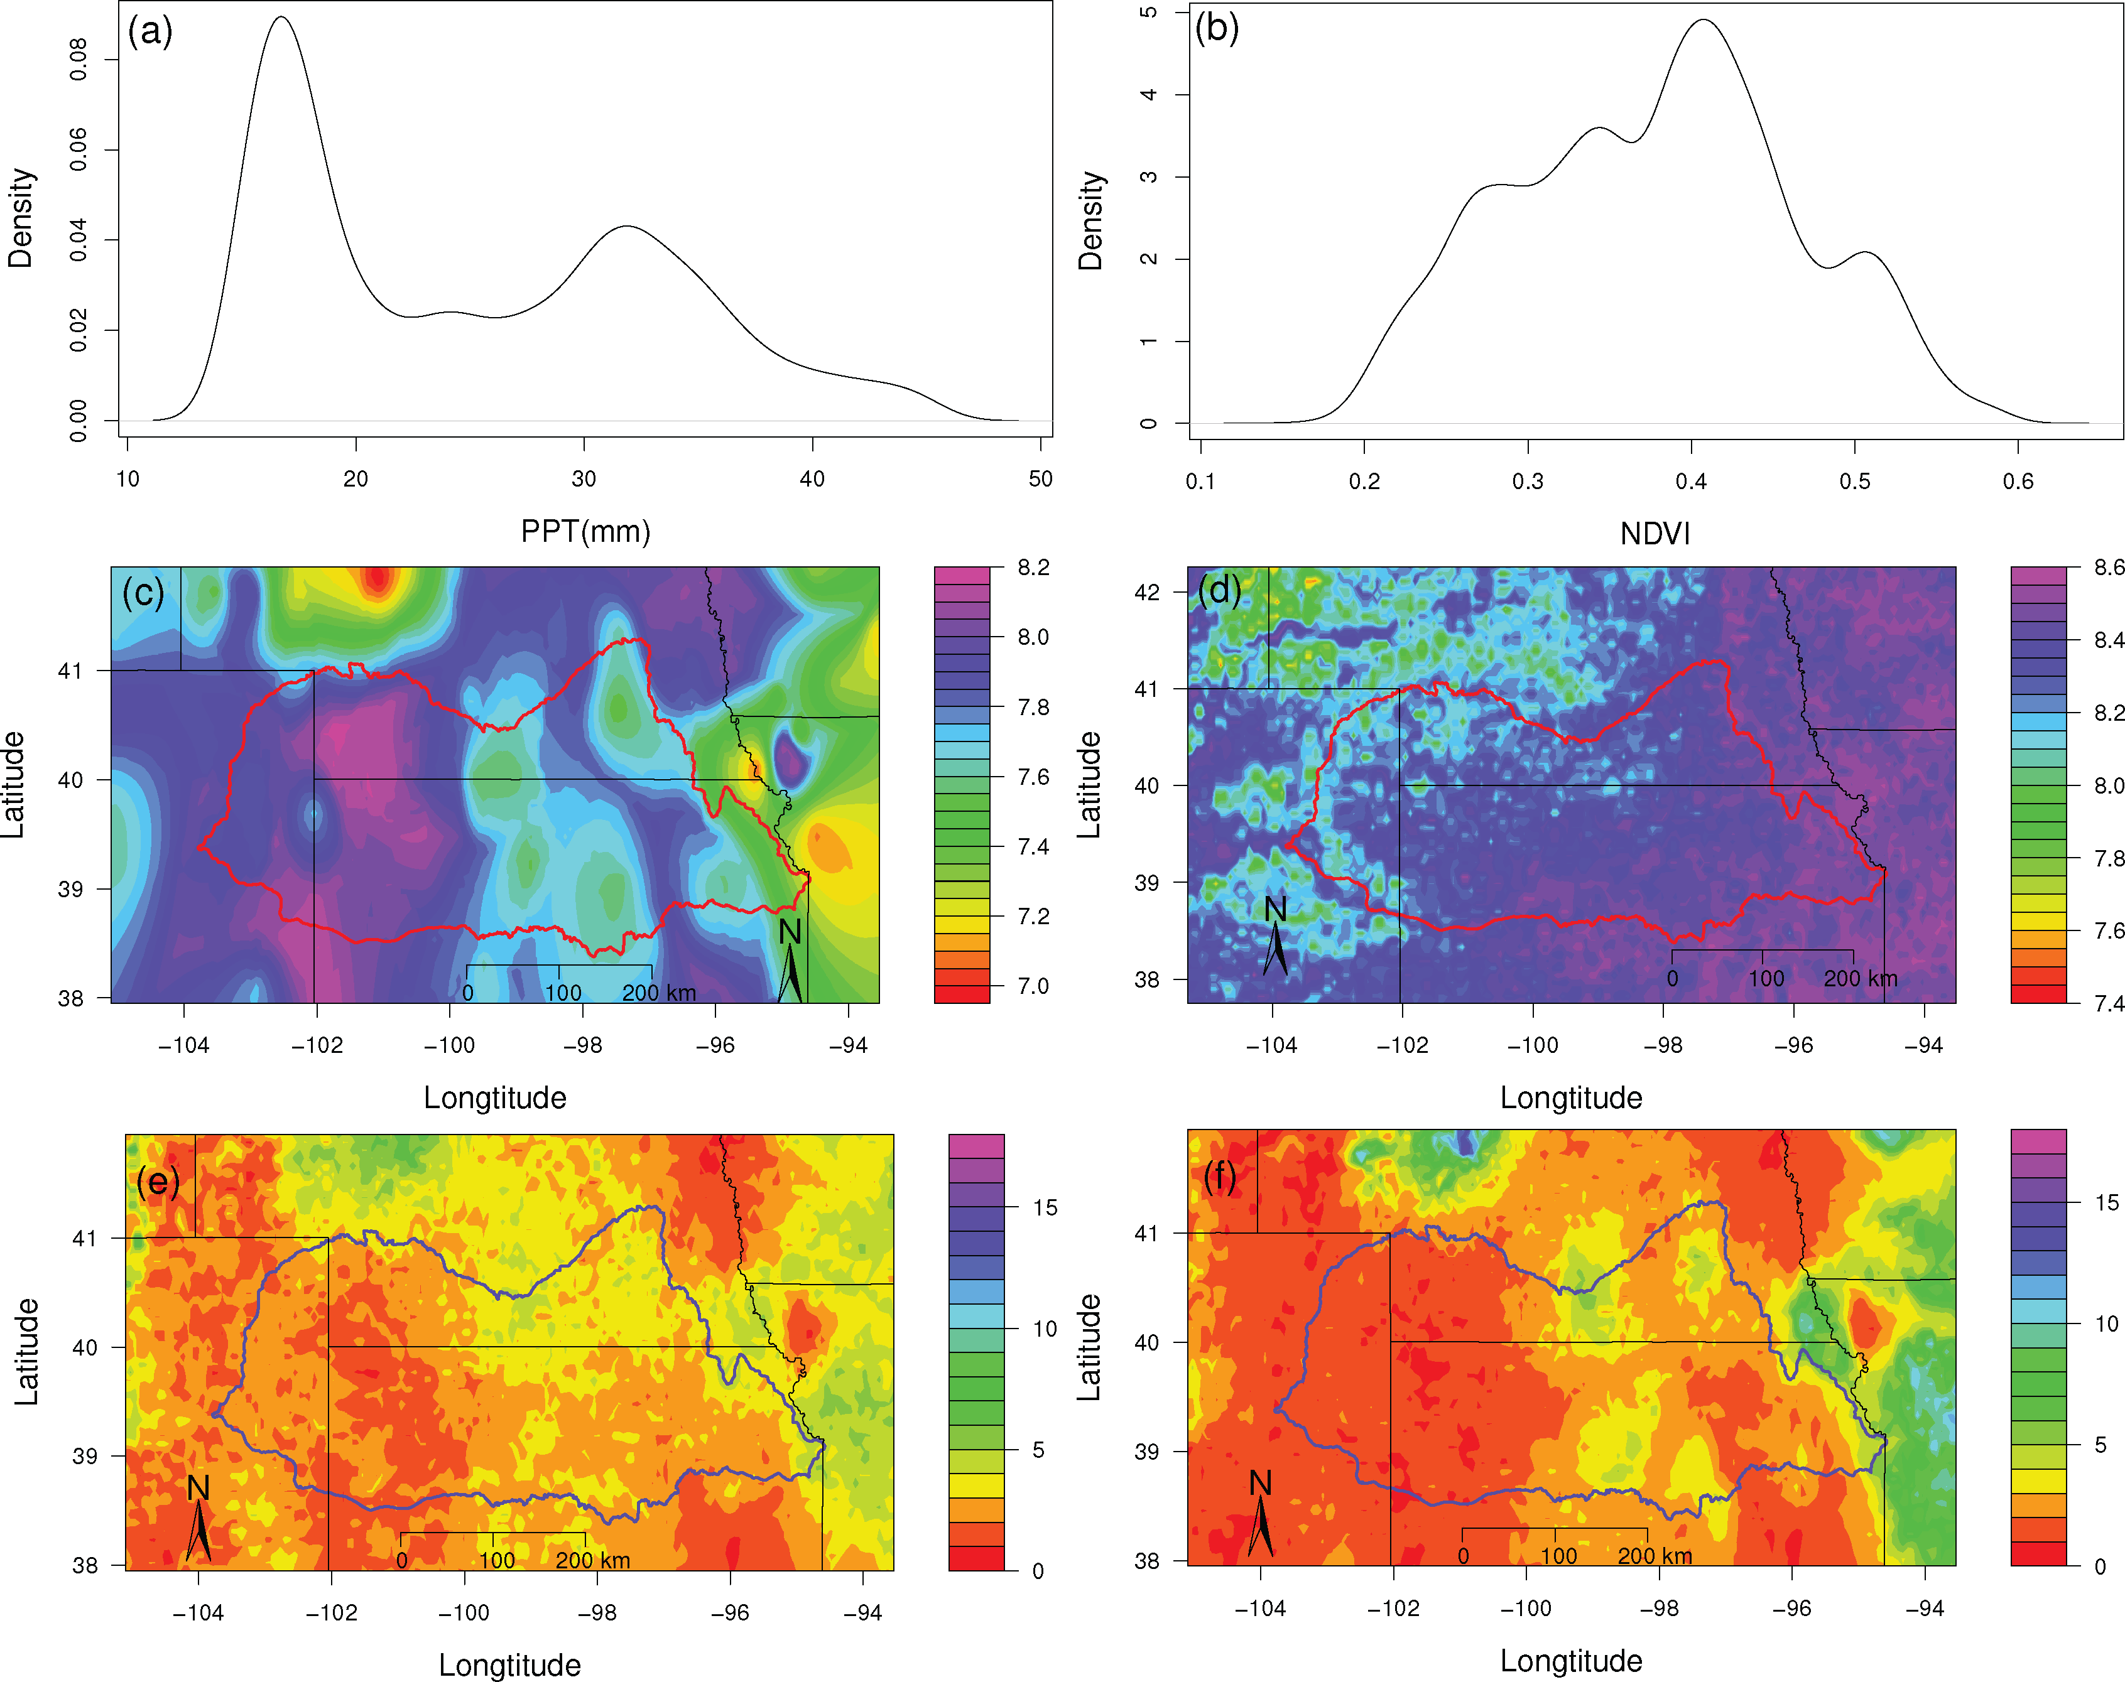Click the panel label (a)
(149, 31)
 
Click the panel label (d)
(1220, 590)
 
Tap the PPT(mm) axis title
(585, 532)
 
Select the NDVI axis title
(1655, 534)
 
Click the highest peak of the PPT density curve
(283, 17)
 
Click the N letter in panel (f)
(1260, 1483)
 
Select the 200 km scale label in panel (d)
(1860, 979)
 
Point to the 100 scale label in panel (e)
(497, 1561)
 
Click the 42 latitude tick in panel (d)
(1147, 593)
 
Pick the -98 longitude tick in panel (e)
(597, 1613)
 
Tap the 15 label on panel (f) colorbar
(2106, 1202)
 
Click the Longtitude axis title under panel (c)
(494, 1098)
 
